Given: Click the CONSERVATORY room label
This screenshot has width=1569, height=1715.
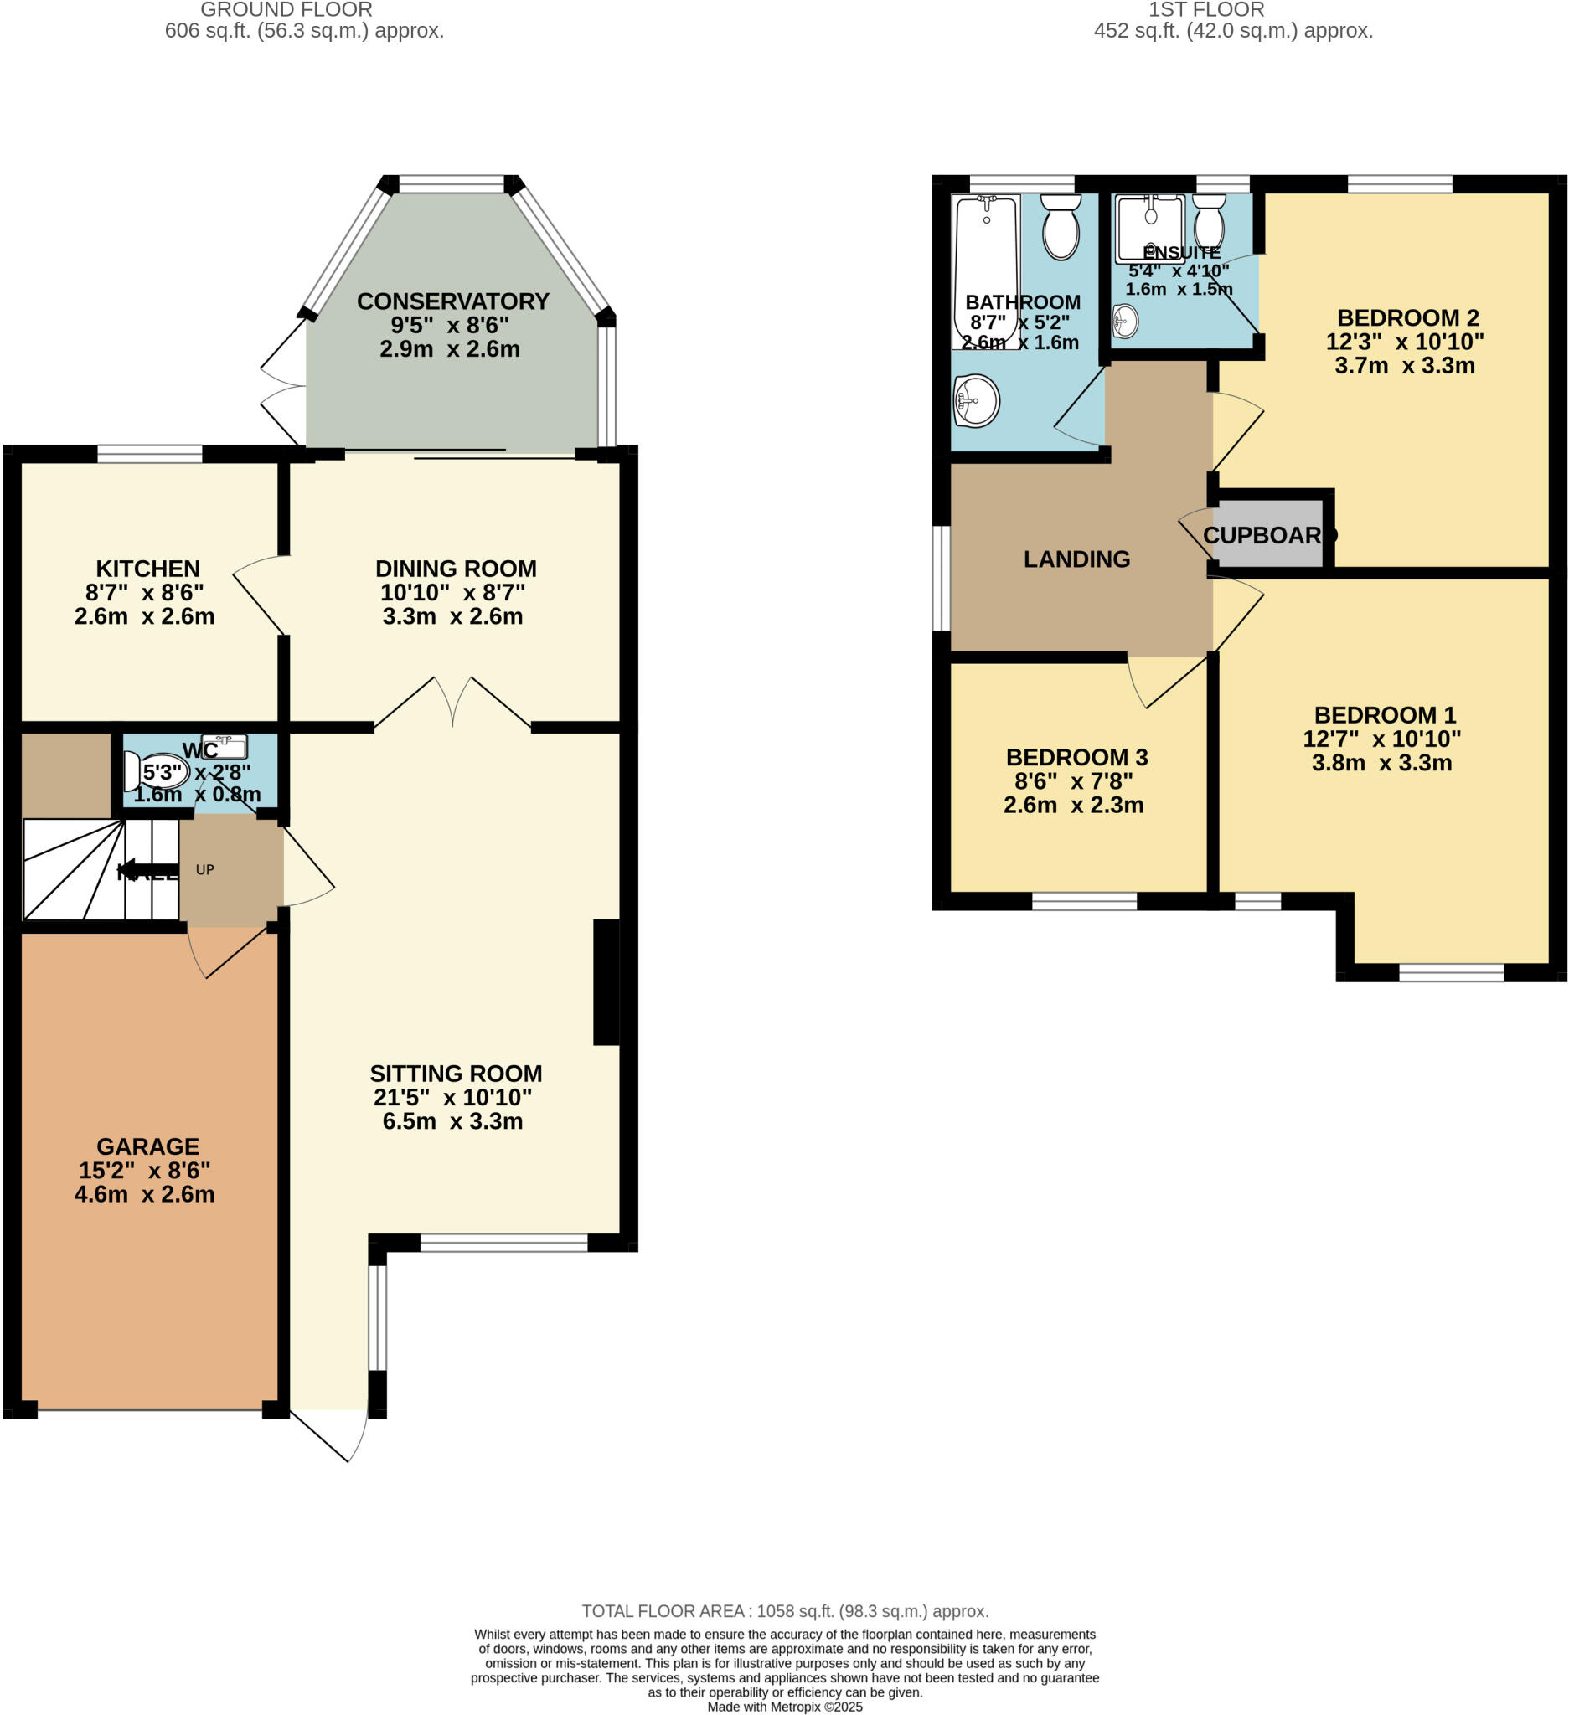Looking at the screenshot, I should (452, 301).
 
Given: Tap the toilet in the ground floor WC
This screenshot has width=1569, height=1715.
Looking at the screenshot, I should (156, 770).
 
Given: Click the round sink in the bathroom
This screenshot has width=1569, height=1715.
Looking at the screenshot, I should (976, 399).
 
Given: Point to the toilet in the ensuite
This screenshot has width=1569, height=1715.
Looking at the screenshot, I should (1208, 223).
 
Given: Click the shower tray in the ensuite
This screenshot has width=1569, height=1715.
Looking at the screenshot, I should (1148, 228).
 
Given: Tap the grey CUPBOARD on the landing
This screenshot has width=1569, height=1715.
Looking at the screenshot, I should (1267, 534).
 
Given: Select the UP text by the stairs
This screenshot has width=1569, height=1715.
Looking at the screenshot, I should (205, 869).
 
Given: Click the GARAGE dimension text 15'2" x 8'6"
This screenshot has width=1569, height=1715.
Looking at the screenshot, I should (145, 1170).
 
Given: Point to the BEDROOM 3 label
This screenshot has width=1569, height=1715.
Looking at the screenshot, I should (1076, 756).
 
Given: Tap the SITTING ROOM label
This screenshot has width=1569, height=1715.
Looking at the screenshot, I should (455, 1073).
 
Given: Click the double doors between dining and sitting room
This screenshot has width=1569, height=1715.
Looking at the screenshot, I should (452, 702).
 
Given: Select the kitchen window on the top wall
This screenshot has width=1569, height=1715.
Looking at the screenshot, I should (150, 453).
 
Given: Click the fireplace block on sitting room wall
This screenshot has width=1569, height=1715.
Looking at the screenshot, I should (605, 981).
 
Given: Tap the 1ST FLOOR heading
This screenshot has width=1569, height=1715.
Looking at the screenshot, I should (1205, 10).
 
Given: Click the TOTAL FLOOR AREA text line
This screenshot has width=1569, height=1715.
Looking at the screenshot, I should (784, 1610).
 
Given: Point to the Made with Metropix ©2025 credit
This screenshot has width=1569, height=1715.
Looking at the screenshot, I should (784, 1706).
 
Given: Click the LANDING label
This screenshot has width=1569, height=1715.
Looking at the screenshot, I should (1076, 559).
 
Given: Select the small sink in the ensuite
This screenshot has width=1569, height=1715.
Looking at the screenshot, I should (1125, 322).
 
